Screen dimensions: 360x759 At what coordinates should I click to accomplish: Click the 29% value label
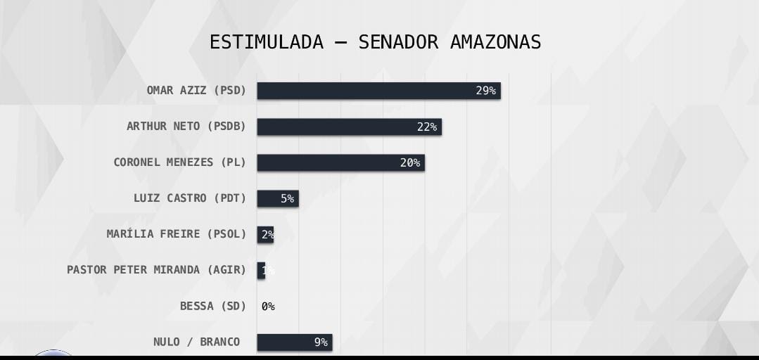pos(485,91)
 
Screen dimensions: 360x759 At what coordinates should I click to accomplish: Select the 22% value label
pos(427,127)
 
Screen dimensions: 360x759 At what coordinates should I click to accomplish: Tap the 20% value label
pos(410,162)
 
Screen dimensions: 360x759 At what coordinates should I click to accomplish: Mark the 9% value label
pos(321,342)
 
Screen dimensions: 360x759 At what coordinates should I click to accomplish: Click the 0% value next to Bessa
pos(268,307)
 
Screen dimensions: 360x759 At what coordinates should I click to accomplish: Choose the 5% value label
pos(287,198)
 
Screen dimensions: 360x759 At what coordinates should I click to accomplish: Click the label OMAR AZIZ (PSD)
pos(196,91)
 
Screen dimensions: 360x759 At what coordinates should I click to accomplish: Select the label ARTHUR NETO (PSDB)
pos(186,127)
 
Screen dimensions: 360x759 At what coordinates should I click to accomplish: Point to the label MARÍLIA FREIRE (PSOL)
pos(177,234)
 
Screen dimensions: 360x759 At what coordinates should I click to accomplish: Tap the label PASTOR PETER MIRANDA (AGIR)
pos(156,270)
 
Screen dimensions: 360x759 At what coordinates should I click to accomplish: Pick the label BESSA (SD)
pos(213,306)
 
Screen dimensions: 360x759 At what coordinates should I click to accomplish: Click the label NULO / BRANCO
pos(196,342)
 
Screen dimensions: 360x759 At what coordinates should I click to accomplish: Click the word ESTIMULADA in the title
pos(267,42)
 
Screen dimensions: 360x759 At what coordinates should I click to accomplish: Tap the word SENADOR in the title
pos(398,42)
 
